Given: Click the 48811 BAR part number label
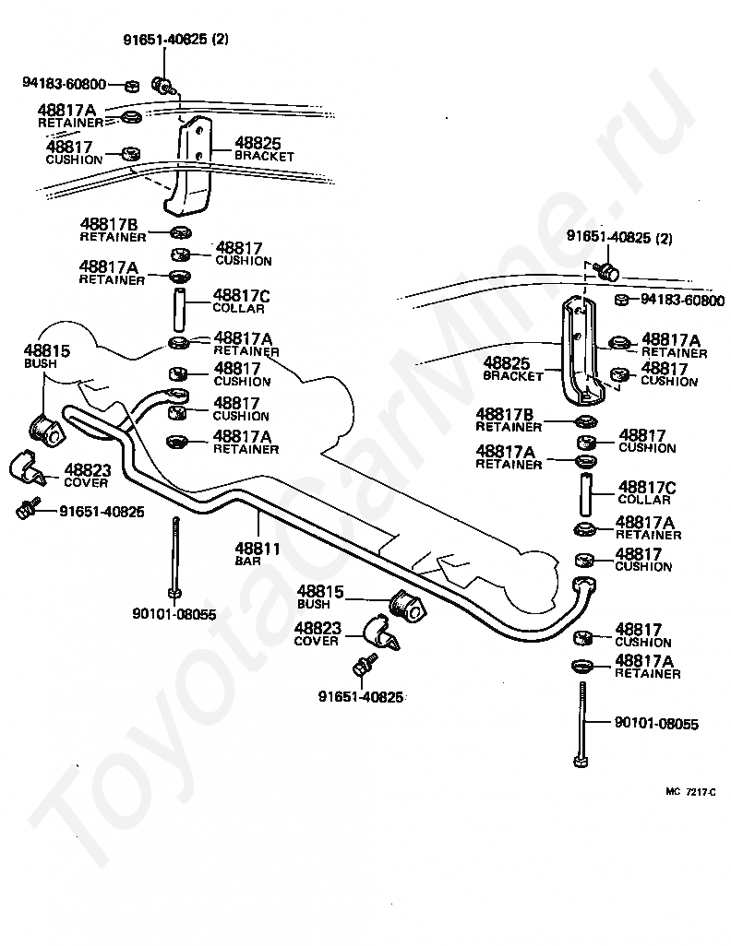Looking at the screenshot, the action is click(x=258, y=554).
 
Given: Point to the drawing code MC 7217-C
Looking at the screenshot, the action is click(x=690, y=792).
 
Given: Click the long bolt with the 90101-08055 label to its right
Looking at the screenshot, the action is click(x=581, y=724).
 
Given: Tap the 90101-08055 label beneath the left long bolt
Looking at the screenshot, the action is click(x=174, y=614).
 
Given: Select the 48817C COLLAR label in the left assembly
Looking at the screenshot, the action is click(x=241, y=302).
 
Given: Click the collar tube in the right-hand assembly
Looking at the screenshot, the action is click(x=586, y=494).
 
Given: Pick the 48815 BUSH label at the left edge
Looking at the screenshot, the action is click(x=47, y=356).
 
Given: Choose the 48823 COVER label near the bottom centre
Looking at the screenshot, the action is click(x=318, y=633).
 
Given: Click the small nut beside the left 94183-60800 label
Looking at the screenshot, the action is click(x=132, y=87).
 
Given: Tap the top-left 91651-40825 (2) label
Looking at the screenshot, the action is click(x=175, y=40).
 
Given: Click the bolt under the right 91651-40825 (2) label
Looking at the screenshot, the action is click(x=606, y=271).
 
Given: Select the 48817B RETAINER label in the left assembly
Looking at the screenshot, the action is click(x=113, y=230).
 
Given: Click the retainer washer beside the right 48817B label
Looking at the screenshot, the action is click(x=585, y=420).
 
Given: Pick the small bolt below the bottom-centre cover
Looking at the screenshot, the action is click(x=363, y=666).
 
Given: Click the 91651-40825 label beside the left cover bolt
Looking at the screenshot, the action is click(x=102, y=512).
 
